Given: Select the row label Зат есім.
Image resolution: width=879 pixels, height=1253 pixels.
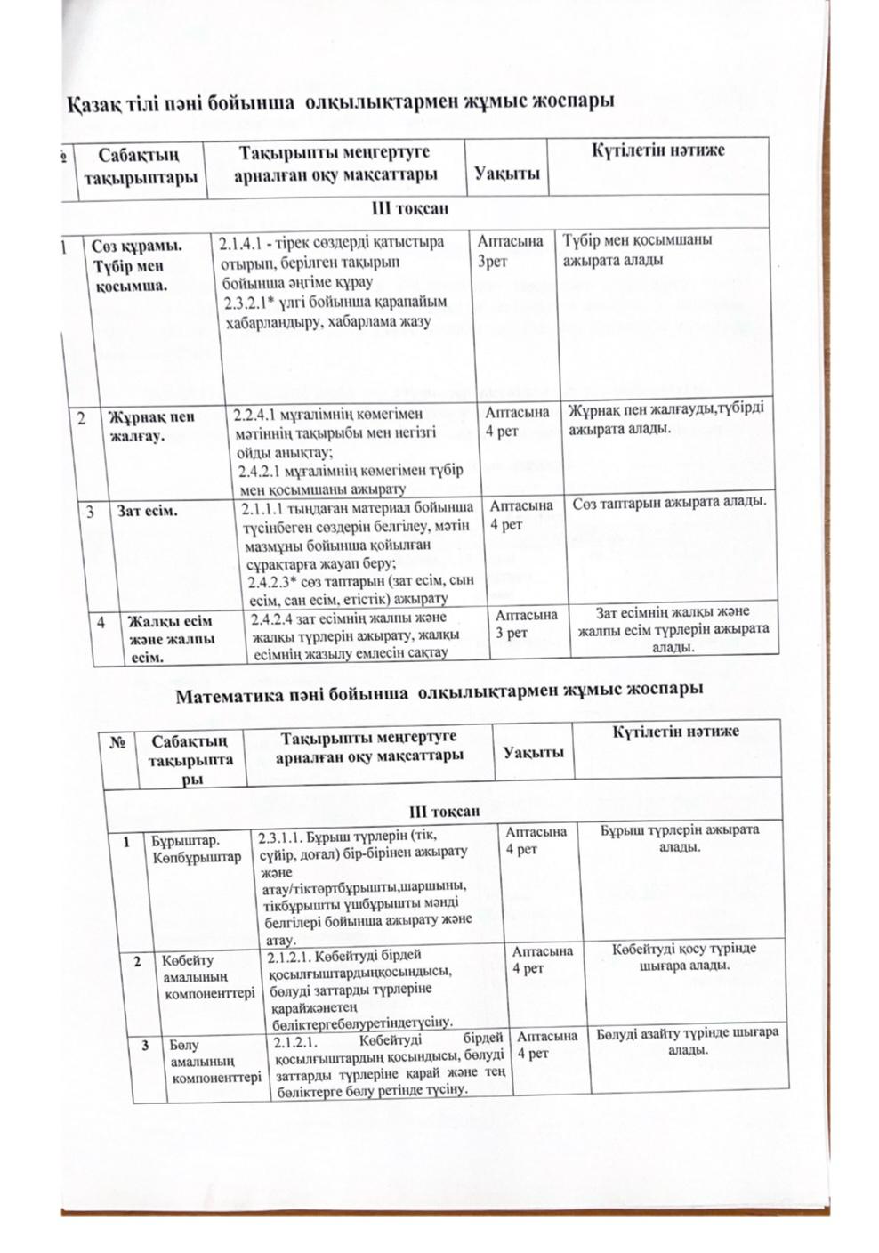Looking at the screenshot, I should coord(148,512).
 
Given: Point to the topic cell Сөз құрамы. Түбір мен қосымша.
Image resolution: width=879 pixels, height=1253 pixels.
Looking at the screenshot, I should coord(133,265).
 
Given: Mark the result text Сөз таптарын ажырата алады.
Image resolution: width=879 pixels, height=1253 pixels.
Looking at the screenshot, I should coord(669,505).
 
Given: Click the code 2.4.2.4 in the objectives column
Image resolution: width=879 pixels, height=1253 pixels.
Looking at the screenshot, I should coord(277,618).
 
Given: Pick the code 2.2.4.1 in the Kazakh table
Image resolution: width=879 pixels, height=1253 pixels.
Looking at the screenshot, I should coord(258,415).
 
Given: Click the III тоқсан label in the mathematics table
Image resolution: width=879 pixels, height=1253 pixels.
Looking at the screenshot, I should coord(444,811).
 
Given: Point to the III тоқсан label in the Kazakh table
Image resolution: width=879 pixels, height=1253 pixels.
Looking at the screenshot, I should coord(410,209).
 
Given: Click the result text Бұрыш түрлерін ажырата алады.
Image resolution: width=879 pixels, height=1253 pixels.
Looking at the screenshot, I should coord(679,837).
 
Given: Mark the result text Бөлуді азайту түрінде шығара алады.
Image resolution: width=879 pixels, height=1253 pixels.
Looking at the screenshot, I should coord(687,1041).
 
